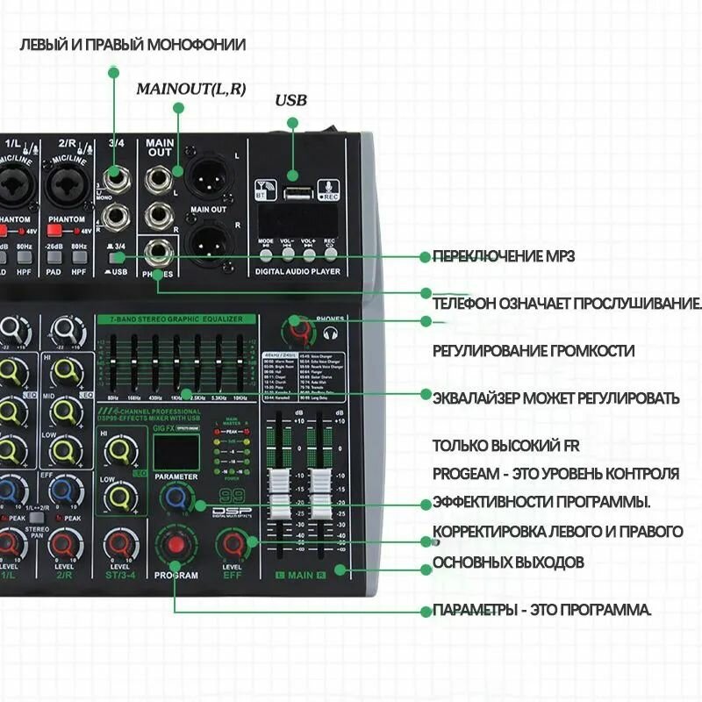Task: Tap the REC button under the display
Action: (x=330, y=254)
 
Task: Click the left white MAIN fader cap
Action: (x=279, y=484)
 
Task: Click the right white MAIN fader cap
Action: (x=319, y=484)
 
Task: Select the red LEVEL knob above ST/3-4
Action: (x=118, y=545)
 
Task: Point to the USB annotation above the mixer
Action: (x=290, y=101)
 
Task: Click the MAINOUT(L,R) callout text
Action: (x=190, y=89)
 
